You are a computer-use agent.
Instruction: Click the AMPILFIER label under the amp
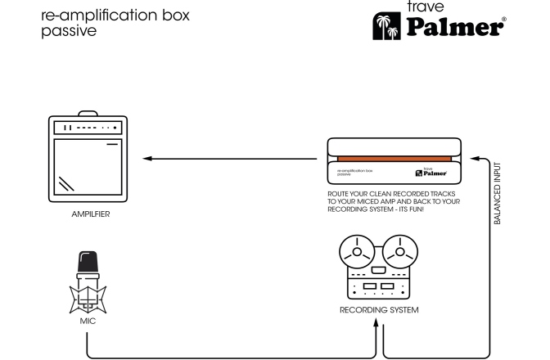pos(91,214)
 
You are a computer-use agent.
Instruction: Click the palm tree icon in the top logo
pos(385,25)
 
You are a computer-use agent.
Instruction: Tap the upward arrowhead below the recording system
pos(377,324)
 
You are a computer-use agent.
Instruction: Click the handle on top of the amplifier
pos(91,115)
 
